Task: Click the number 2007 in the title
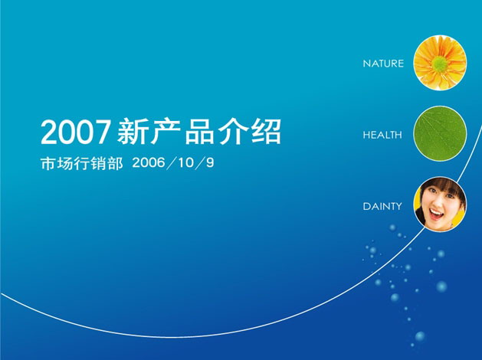[x=75, y=132]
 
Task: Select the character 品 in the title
[x=199, y=132]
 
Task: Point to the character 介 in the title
[x=233, y=132]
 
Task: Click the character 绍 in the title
[x=266, y=132]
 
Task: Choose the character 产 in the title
[x=166, y=132]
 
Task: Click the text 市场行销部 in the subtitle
[x=81, y=163]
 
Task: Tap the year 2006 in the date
[x=148, y=163]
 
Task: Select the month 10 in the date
[x=186, y=163]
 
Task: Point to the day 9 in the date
[x=210, y=163]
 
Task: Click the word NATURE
[x=383, y=64]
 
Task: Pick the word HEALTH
[x=382, y=135]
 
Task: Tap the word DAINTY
[x=382, y=206]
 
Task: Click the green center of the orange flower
[x=440, y=64]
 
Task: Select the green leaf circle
[x=440, y=133]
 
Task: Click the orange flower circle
[x=440, y=63]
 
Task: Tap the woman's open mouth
[x=436, y=214]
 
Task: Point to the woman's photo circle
[x=440, y=205]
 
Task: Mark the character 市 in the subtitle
[x=48, y=163]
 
